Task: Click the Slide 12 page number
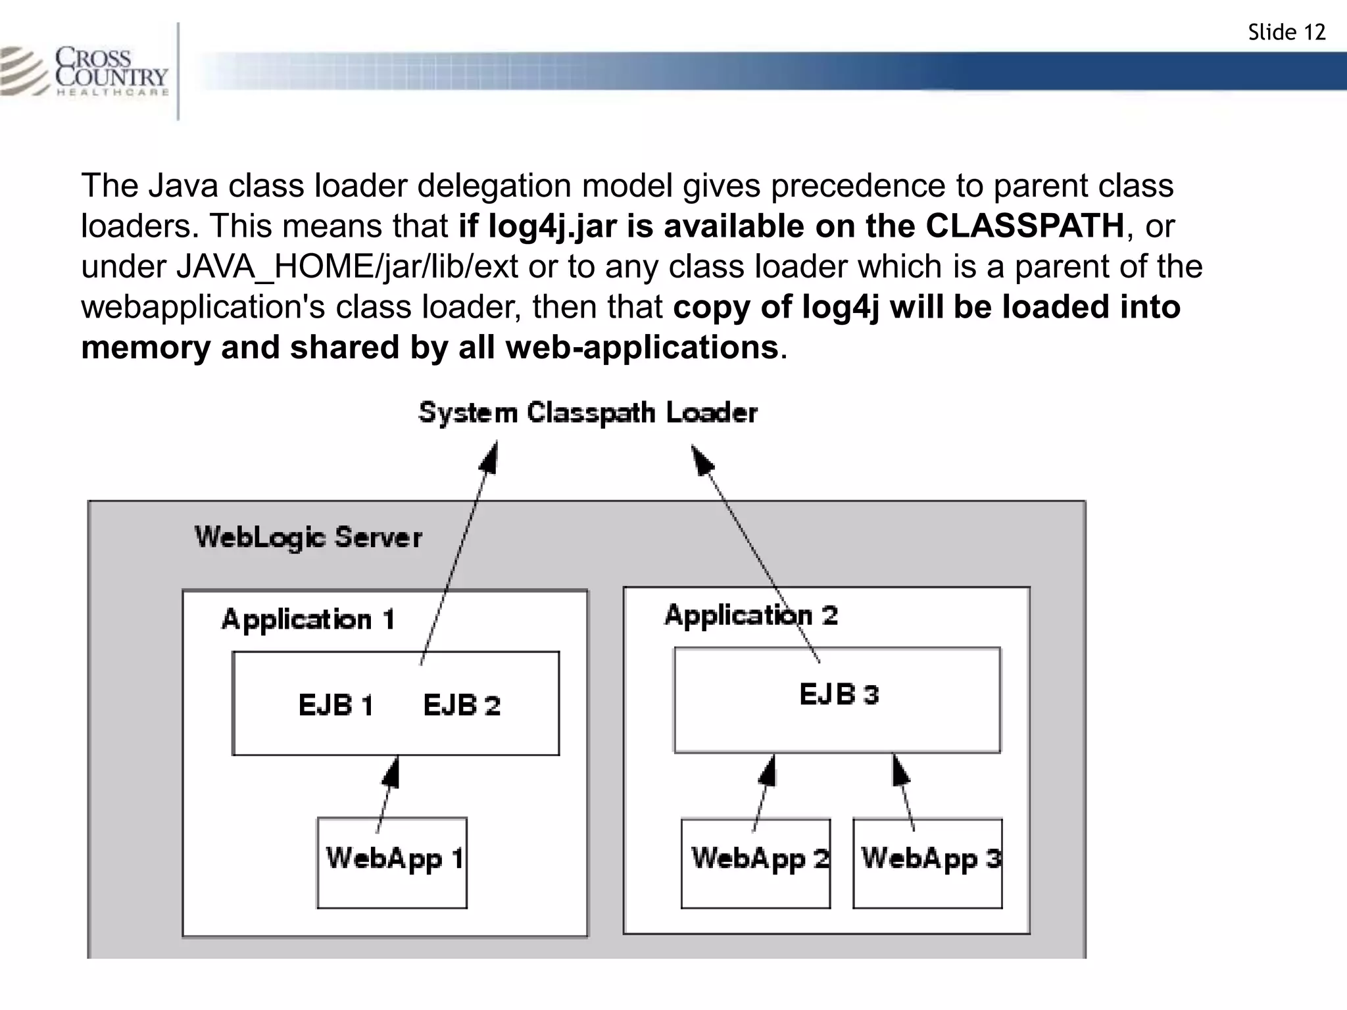click(x=1286, y=32)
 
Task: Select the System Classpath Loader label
click(x=588, y=413)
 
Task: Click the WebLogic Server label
click(x=308, y=537)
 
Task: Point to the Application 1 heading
click(x=308, y=619)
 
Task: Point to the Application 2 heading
click(x=751, y=615)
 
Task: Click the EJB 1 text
click(x=335, y=706)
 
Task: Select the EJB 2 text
click(x=462, y=706)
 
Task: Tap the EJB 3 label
click(x=839, y=694)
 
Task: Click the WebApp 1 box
click(x=392, y=863)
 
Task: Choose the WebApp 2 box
click(x=756, y=863)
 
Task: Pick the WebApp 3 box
click(x=927, y=863)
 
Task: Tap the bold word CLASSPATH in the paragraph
click(x=1025, y=226)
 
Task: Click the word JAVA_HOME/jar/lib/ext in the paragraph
click(x=347, y=266)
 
